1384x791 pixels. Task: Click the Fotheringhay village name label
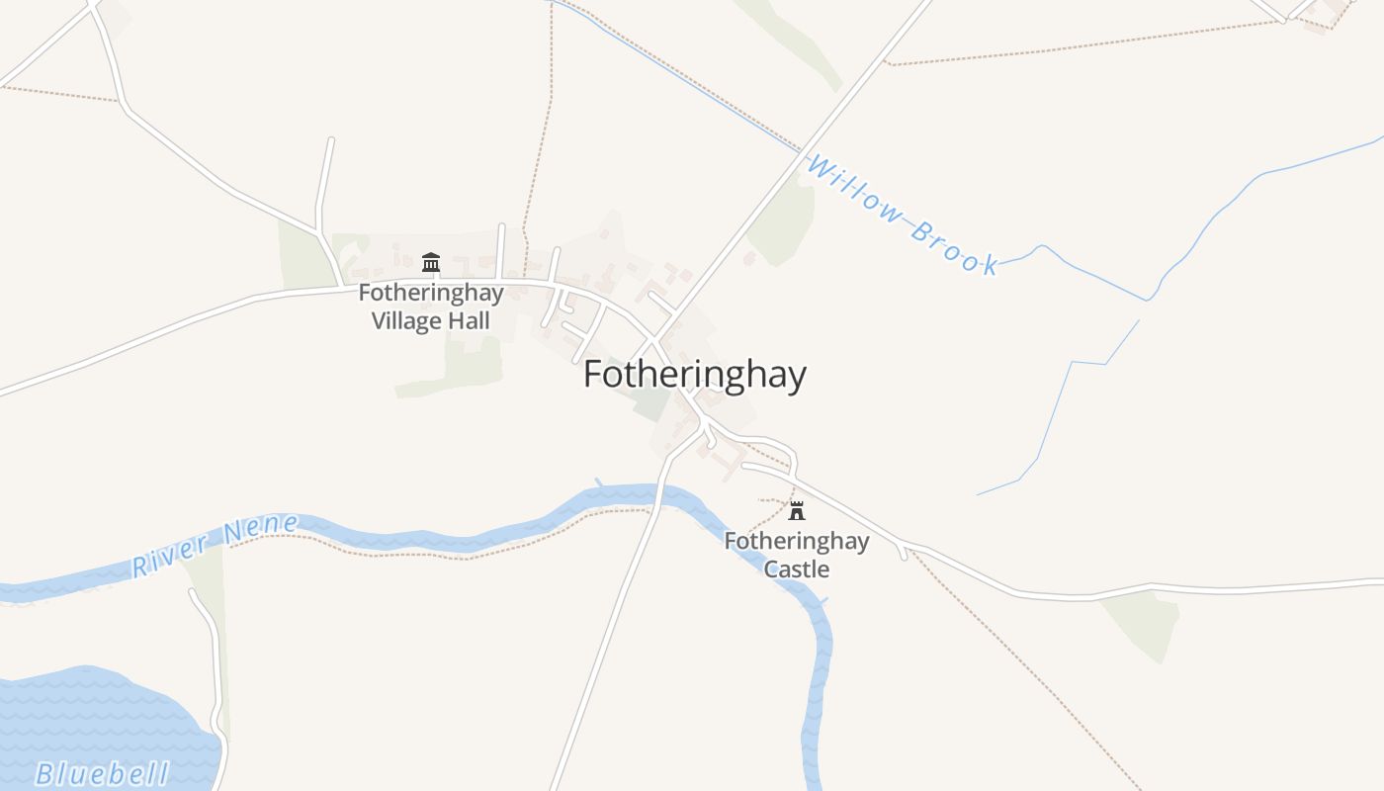click(x=694, y=376)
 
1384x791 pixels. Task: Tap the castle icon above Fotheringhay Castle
click(x=797, y=511)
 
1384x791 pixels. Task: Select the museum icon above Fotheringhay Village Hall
click(x=431, y=262)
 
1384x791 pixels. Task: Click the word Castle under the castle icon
click(x=797, y=570)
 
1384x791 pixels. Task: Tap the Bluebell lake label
click(x=102, y=773)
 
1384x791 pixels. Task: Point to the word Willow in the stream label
click(x=855, y=188)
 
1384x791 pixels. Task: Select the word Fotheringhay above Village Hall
click(x=431, y=294)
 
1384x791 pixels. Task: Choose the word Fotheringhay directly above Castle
click(x=797, y=541)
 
